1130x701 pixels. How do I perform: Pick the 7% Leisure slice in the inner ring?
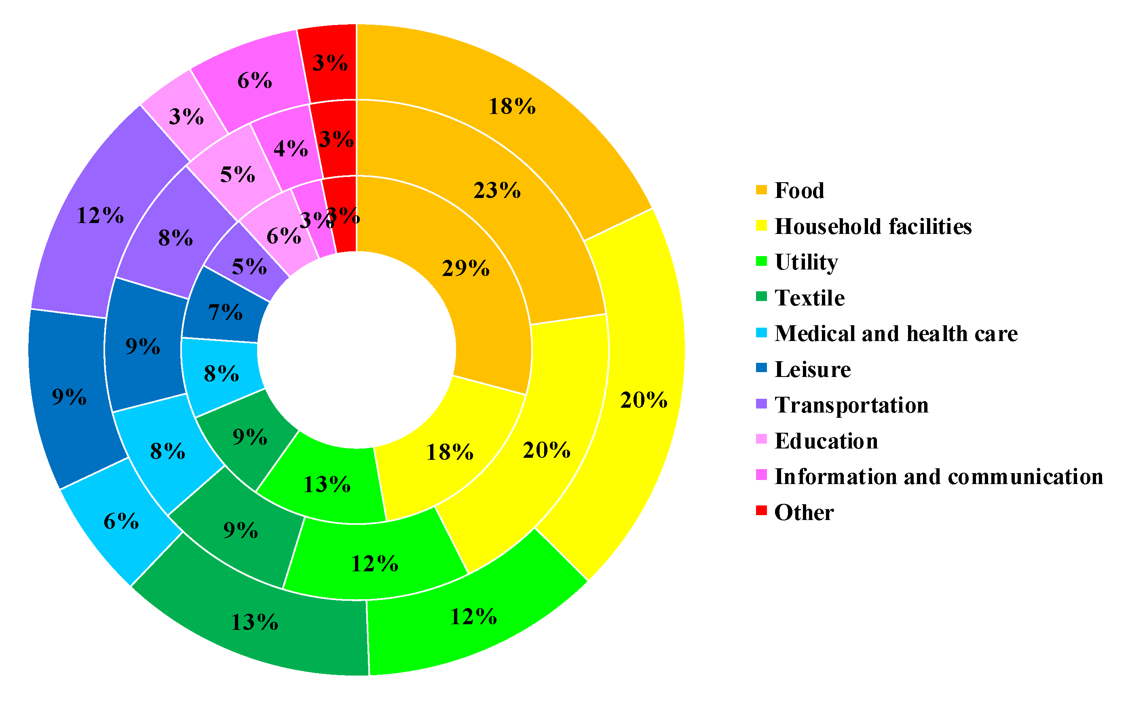pos(225,312)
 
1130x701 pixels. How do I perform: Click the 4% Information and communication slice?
pos(290,148)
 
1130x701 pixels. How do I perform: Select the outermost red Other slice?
pos(330,63)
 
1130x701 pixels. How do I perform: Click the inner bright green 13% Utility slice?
pos(327,484)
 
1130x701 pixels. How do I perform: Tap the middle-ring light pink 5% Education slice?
pos(237,174)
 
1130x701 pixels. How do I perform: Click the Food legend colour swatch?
pos(761,190)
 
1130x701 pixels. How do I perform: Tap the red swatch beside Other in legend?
pos(761,511)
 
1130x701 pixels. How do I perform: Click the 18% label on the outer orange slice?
pos(512,106)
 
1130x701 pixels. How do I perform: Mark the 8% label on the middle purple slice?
pos(175,238)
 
